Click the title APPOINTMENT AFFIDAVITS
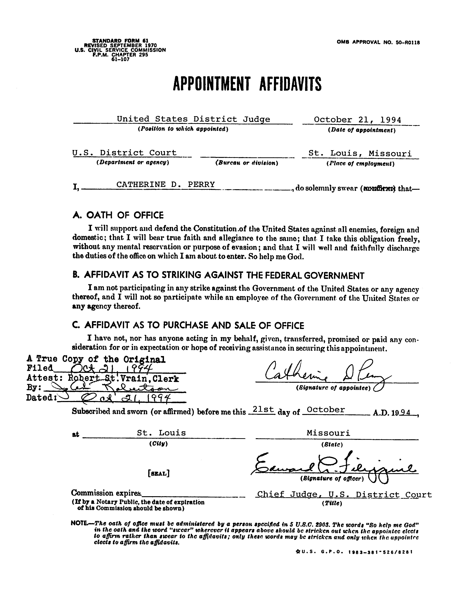coord(247,84)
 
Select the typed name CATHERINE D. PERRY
coord(165,185)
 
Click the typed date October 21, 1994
coord(357,120)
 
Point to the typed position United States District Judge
coord(193,119)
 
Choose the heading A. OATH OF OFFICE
coord(118,215)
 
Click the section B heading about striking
coord(219,275)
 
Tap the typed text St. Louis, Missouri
coord(360,153)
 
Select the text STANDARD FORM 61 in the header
coord(120,40)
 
